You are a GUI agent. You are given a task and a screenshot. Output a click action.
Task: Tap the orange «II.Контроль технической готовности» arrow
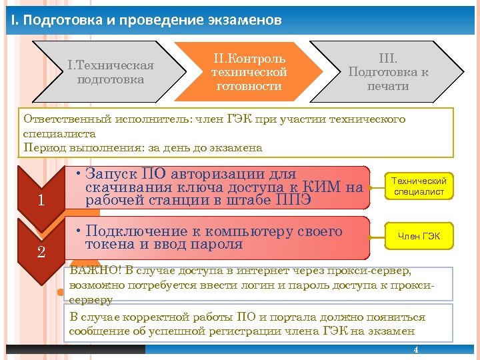tap(249, 71)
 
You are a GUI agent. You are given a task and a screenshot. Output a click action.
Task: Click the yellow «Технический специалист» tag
tap(419, 187)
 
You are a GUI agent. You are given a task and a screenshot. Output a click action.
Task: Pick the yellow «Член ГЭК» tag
tap(419, 236)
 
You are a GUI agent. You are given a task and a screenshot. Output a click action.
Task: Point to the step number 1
tap(41, 200)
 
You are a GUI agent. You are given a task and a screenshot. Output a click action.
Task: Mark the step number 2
tap(41, 252)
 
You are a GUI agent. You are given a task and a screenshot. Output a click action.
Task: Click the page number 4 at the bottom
tap(416, 350)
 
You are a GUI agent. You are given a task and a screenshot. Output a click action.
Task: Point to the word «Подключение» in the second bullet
tap(137, 231)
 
